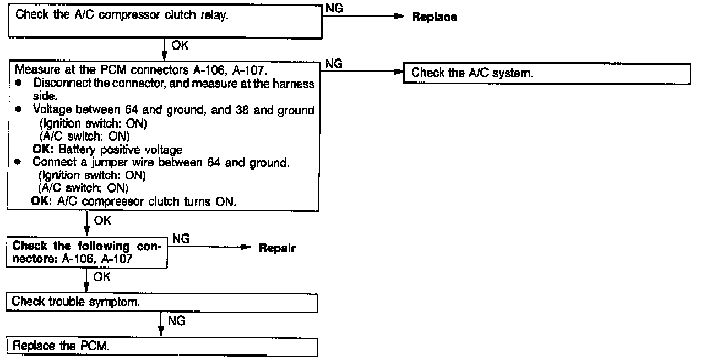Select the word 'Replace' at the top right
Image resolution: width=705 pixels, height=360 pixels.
tap(435, 17)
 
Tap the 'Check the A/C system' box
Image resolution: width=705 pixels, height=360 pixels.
tap(546, 73)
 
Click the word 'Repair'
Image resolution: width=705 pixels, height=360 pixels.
tap(277, 248)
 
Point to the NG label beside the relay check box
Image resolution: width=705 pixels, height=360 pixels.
tap(334, 7)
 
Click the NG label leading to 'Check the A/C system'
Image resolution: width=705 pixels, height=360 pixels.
tap(334, 64)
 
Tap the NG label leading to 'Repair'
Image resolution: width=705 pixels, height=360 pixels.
tap(181, 238)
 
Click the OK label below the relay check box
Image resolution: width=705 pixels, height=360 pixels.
tap(180, 46)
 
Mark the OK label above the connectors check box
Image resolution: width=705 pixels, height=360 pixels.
tap(102, 221)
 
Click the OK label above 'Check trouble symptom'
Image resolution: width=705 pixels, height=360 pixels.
tap(102, 276)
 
